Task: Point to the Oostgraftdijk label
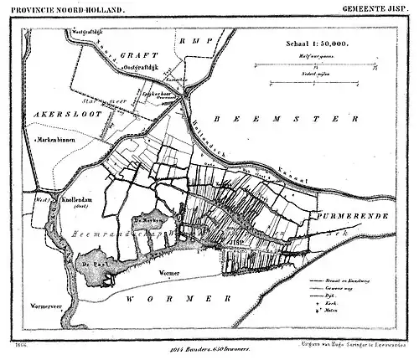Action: (x=137, y=67)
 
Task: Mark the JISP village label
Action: (x=235, y=244)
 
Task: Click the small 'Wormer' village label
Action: (x=170, y=273)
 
